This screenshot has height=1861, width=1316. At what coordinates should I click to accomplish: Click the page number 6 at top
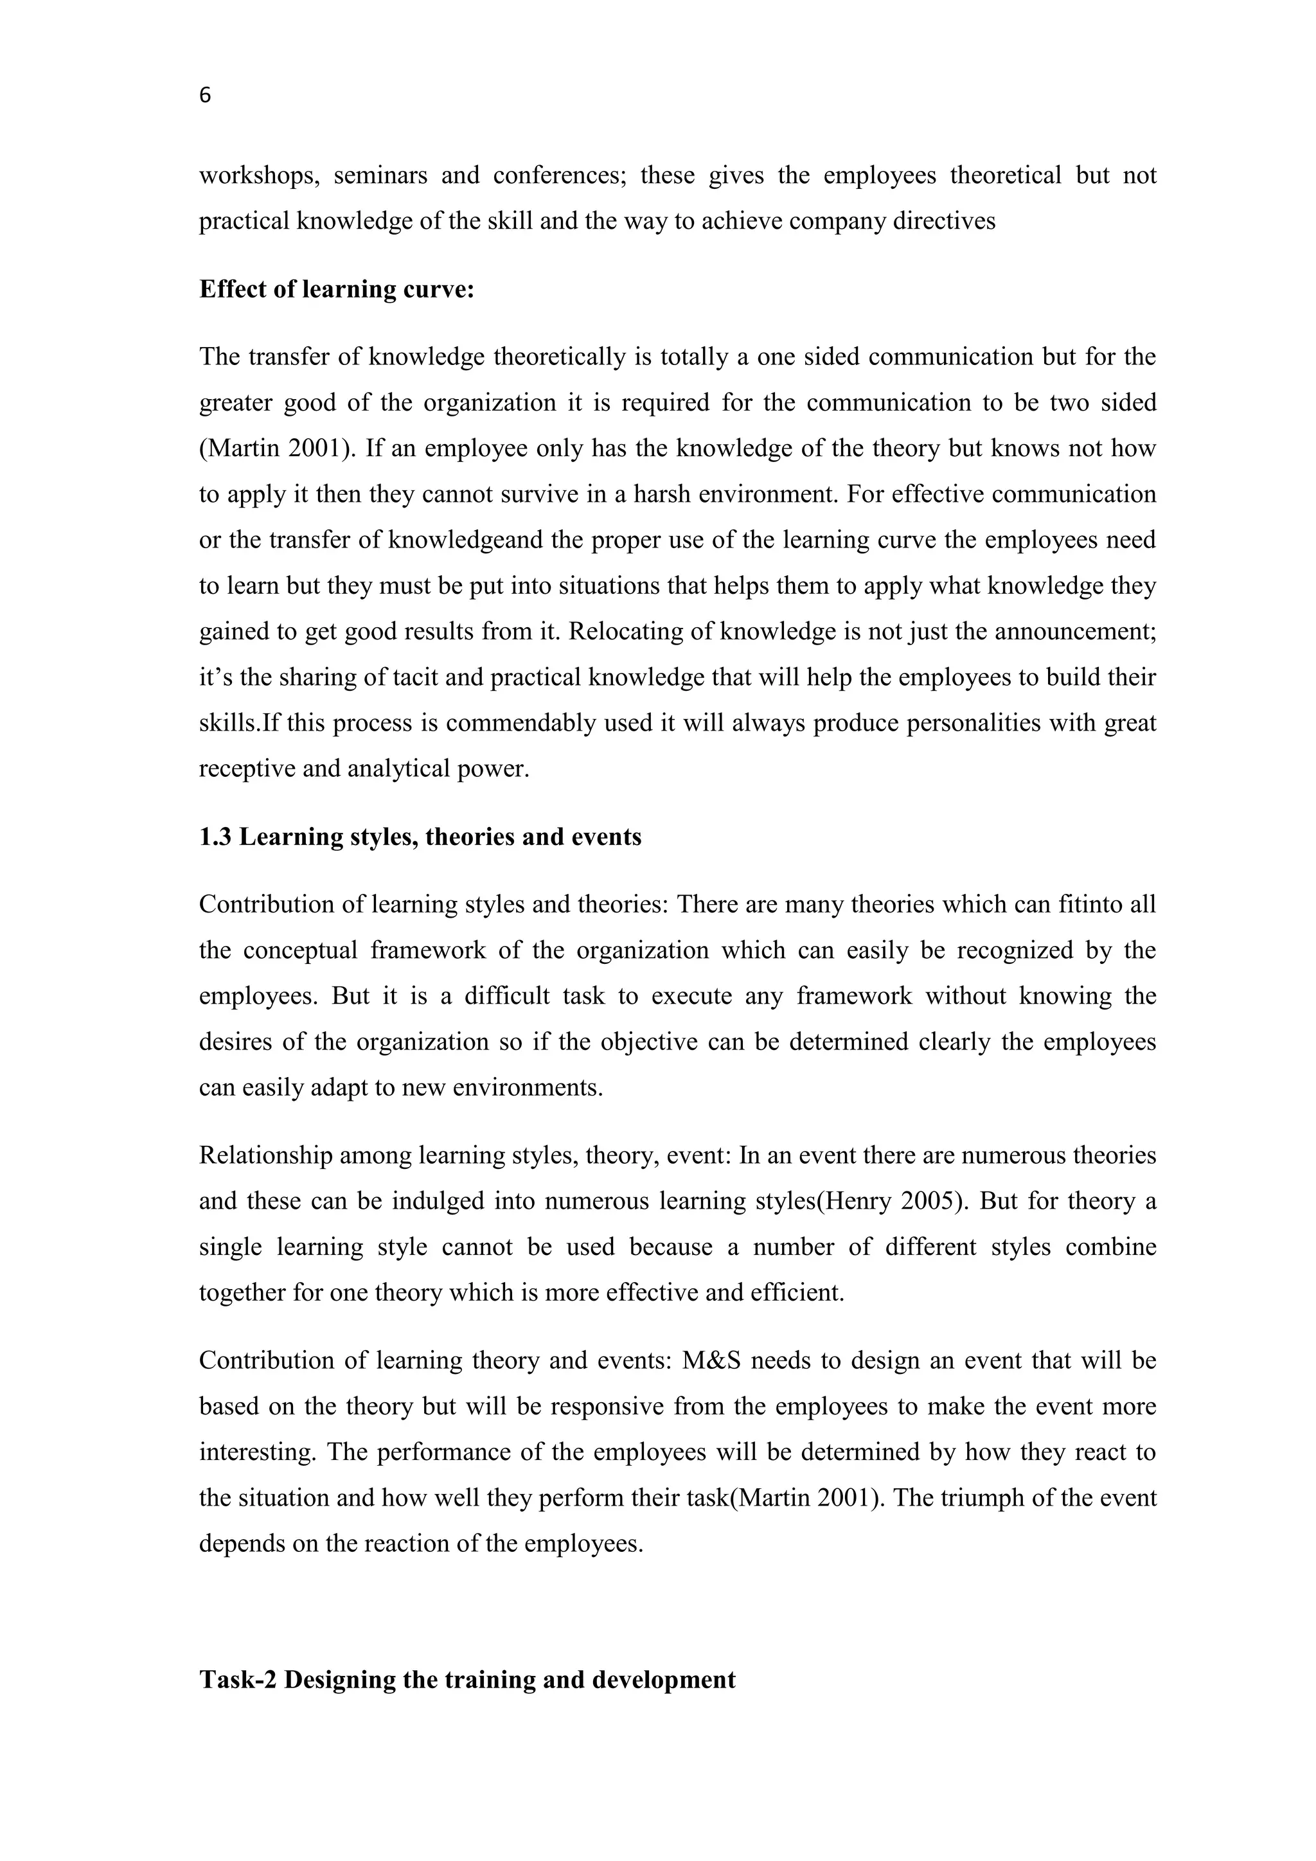pyautogui.click(x=205, y=96)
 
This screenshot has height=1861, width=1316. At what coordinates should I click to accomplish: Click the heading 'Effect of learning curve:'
pyautogui.click(x=336, y=289)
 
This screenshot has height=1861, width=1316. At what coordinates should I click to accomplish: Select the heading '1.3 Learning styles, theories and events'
pyautogui.click(x=420, y=837)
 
